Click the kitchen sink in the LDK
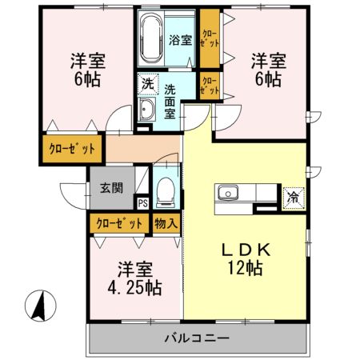(x=225, y=194)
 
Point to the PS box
(x=142, y=203)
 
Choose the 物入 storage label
(x=166, y=224)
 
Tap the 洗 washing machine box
(x=148, y=82)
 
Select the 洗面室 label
(x=170, y=95)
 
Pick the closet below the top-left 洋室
(x=72, y=149)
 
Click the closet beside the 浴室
(x=209, y=38)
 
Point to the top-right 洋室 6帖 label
(x=266, y=70)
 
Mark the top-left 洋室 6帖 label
(x=87, y=70)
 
